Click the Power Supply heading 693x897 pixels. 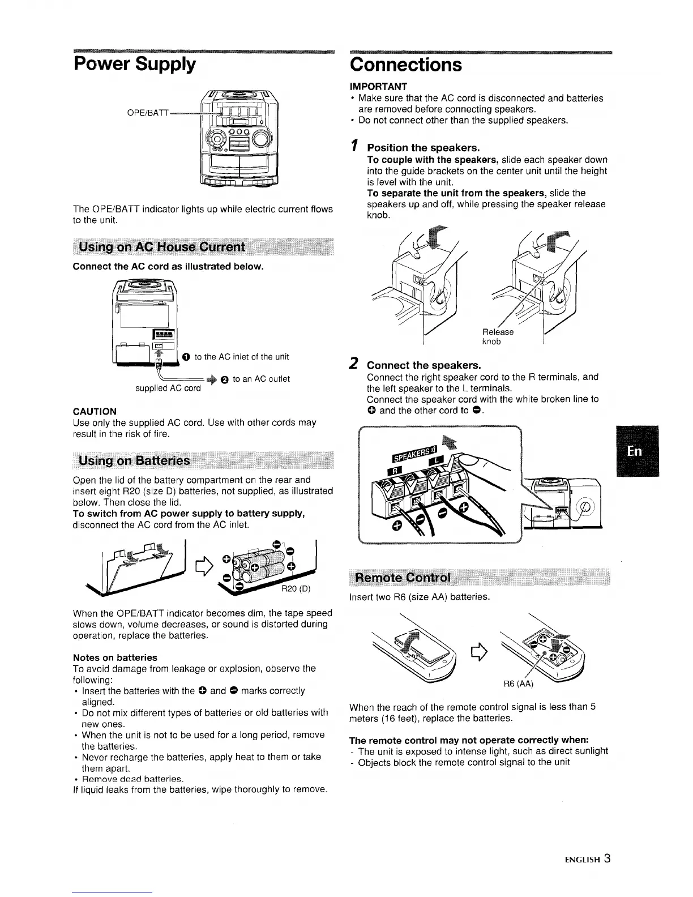pos(134,64)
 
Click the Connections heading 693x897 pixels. pos(406,64)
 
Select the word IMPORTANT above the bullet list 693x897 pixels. pos(378,87)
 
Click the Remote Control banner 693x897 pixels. pos(403,578)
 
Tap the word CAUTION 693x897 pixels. pos(95,411)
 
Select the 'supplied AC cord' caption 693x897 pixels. pos(168,388)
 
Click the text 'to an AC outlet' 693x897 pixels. pos(261,379)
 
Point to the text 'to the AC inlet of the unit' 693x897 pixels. pos(241,357)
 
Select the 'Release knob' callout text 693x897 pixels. pos(497,336)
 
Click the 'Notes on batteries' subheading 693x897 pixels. pos(115,657)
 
